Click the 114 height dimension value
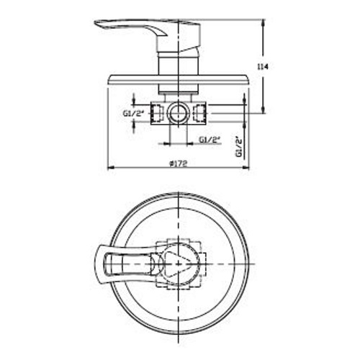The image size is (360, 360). tap(266, 66)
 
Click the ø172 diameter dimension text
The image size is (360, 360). tap(178, 163)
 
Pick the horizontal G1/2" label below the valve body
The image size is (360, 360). tap(210, 139)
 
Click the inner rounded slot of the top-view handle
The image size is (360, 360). tap(130, 264)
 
